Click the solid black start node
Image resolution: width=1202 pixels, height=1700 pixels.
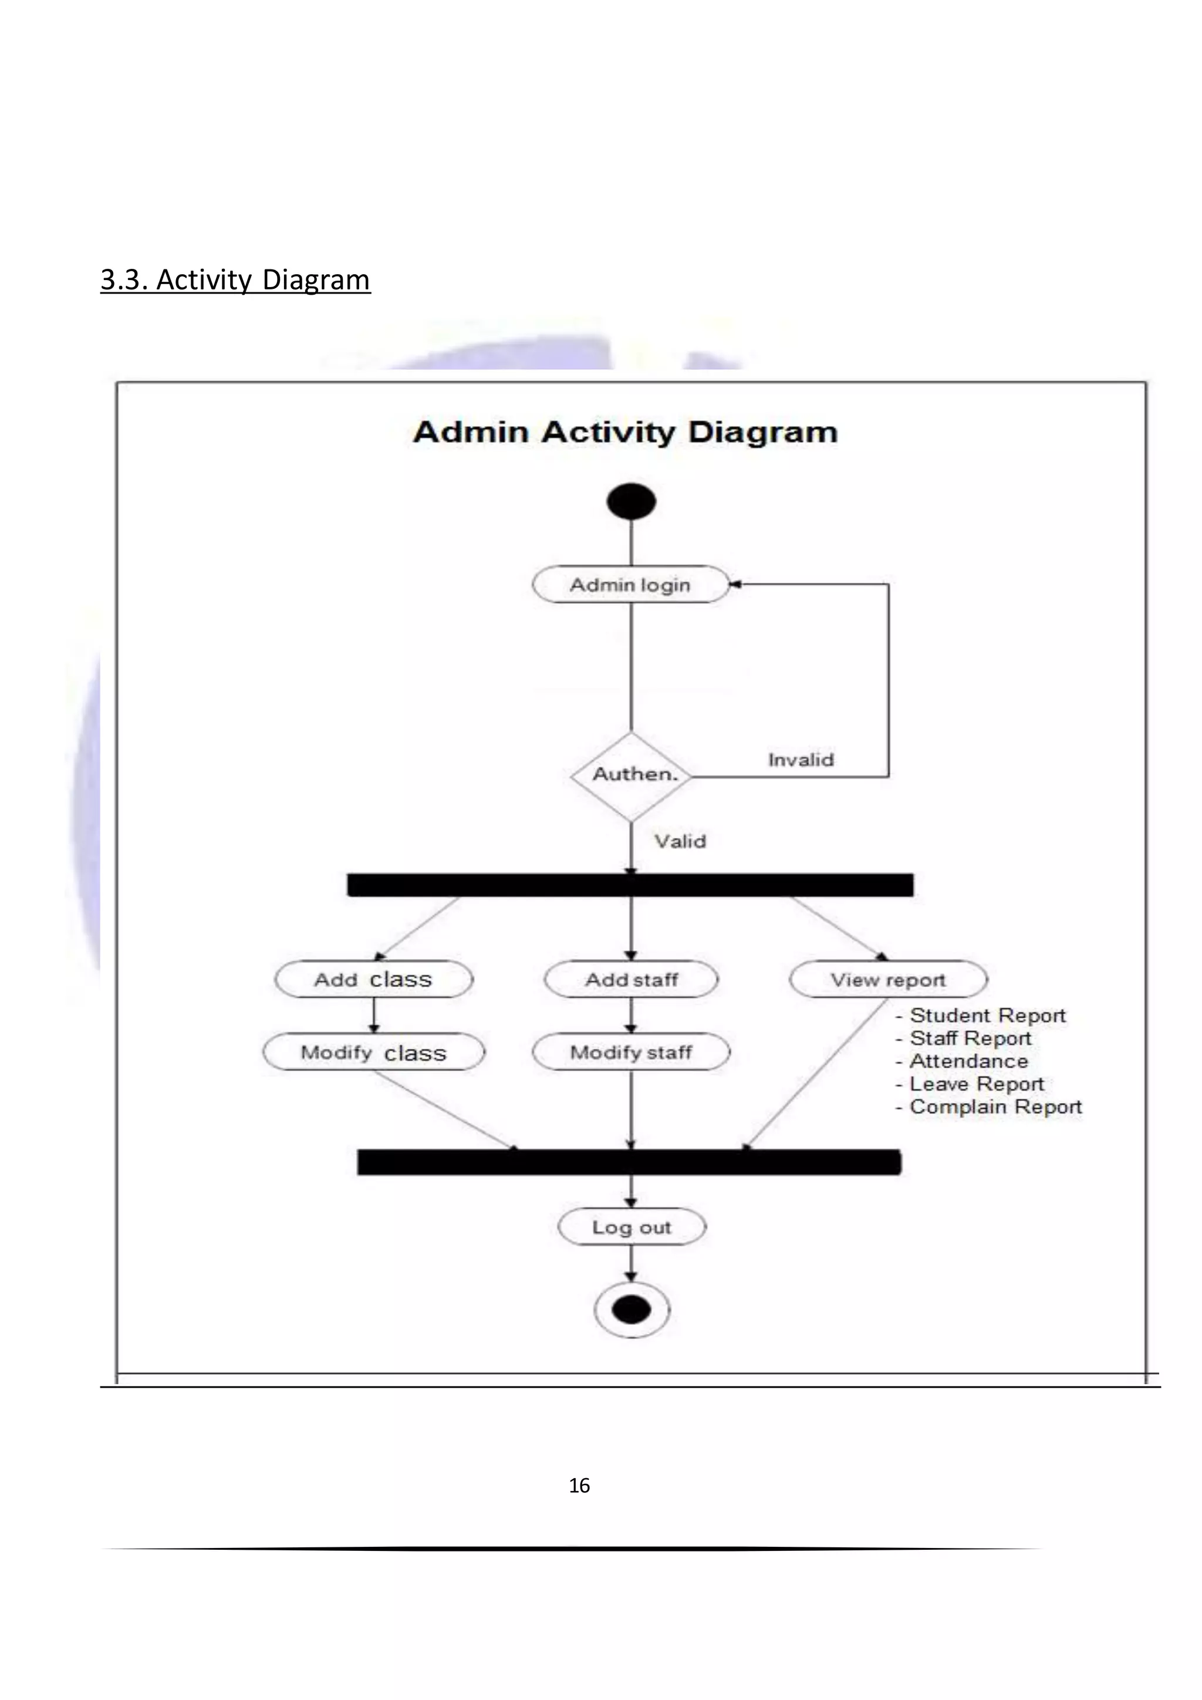coord(630,502)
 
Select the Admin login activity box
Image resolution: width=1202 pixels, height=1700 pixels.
coord(630,585)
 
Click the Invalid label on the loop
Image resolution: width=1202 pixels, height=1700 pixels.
coord(801,760)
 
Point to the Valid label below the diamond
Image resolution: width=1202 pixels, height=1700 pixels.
coord(680,841)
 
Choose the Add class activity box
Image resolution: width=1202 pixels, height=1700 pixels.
coord(373,980)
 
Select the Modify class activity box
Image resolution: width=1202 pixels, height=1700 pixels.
coord(373,1052)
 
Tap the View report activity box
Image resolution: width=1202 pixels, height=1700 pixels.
coord(888,980)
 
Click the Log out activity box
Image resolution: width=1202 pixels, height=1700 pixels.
coord(632,1227)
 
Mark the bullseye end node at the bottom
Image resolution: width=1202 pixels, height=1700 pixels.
coord(632,1310)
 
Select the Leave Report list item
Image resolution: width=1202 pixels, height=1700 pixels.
coord(975,1084)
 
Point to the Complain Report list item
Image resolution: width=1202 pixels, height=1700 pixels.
coord(995,1107)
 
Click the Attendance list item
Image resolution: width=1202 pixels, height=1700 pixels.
coord(967,1061)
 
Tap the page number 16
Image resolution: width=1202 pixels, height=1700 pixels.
coord(579,1486)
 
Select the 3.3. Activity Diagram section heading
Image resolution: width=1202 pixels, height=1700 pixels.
coord(235,280)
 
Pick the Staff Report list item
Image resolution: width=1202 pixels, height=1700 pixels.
coord(970,1038)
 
